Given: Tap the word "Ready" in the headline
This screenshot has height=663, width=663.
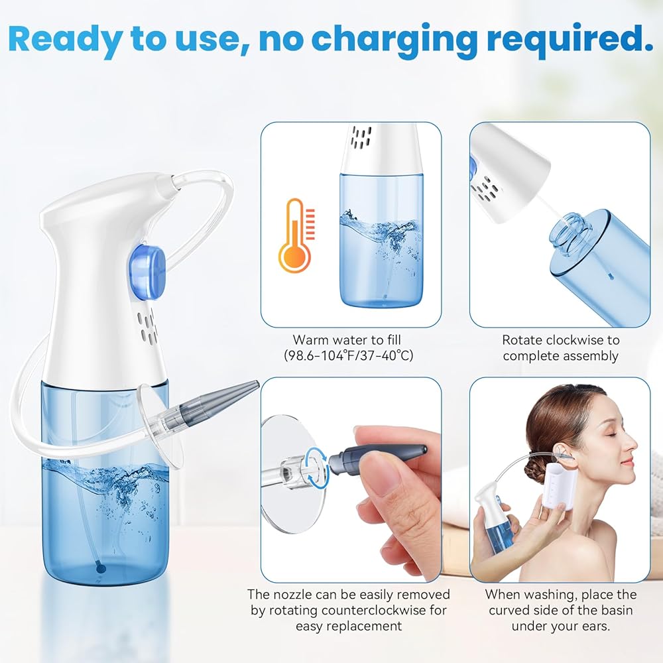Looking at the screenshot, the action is [64, 39].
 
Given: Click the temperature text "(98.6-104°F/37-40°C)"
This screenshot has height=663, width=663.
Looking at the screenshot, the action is [349, 355].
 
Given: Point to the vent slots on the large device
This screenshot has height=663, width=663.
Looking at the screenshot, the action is [149, 325].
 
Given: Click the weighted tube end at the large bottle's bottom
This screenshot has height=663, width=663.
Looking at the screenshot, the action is [100, 569].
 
